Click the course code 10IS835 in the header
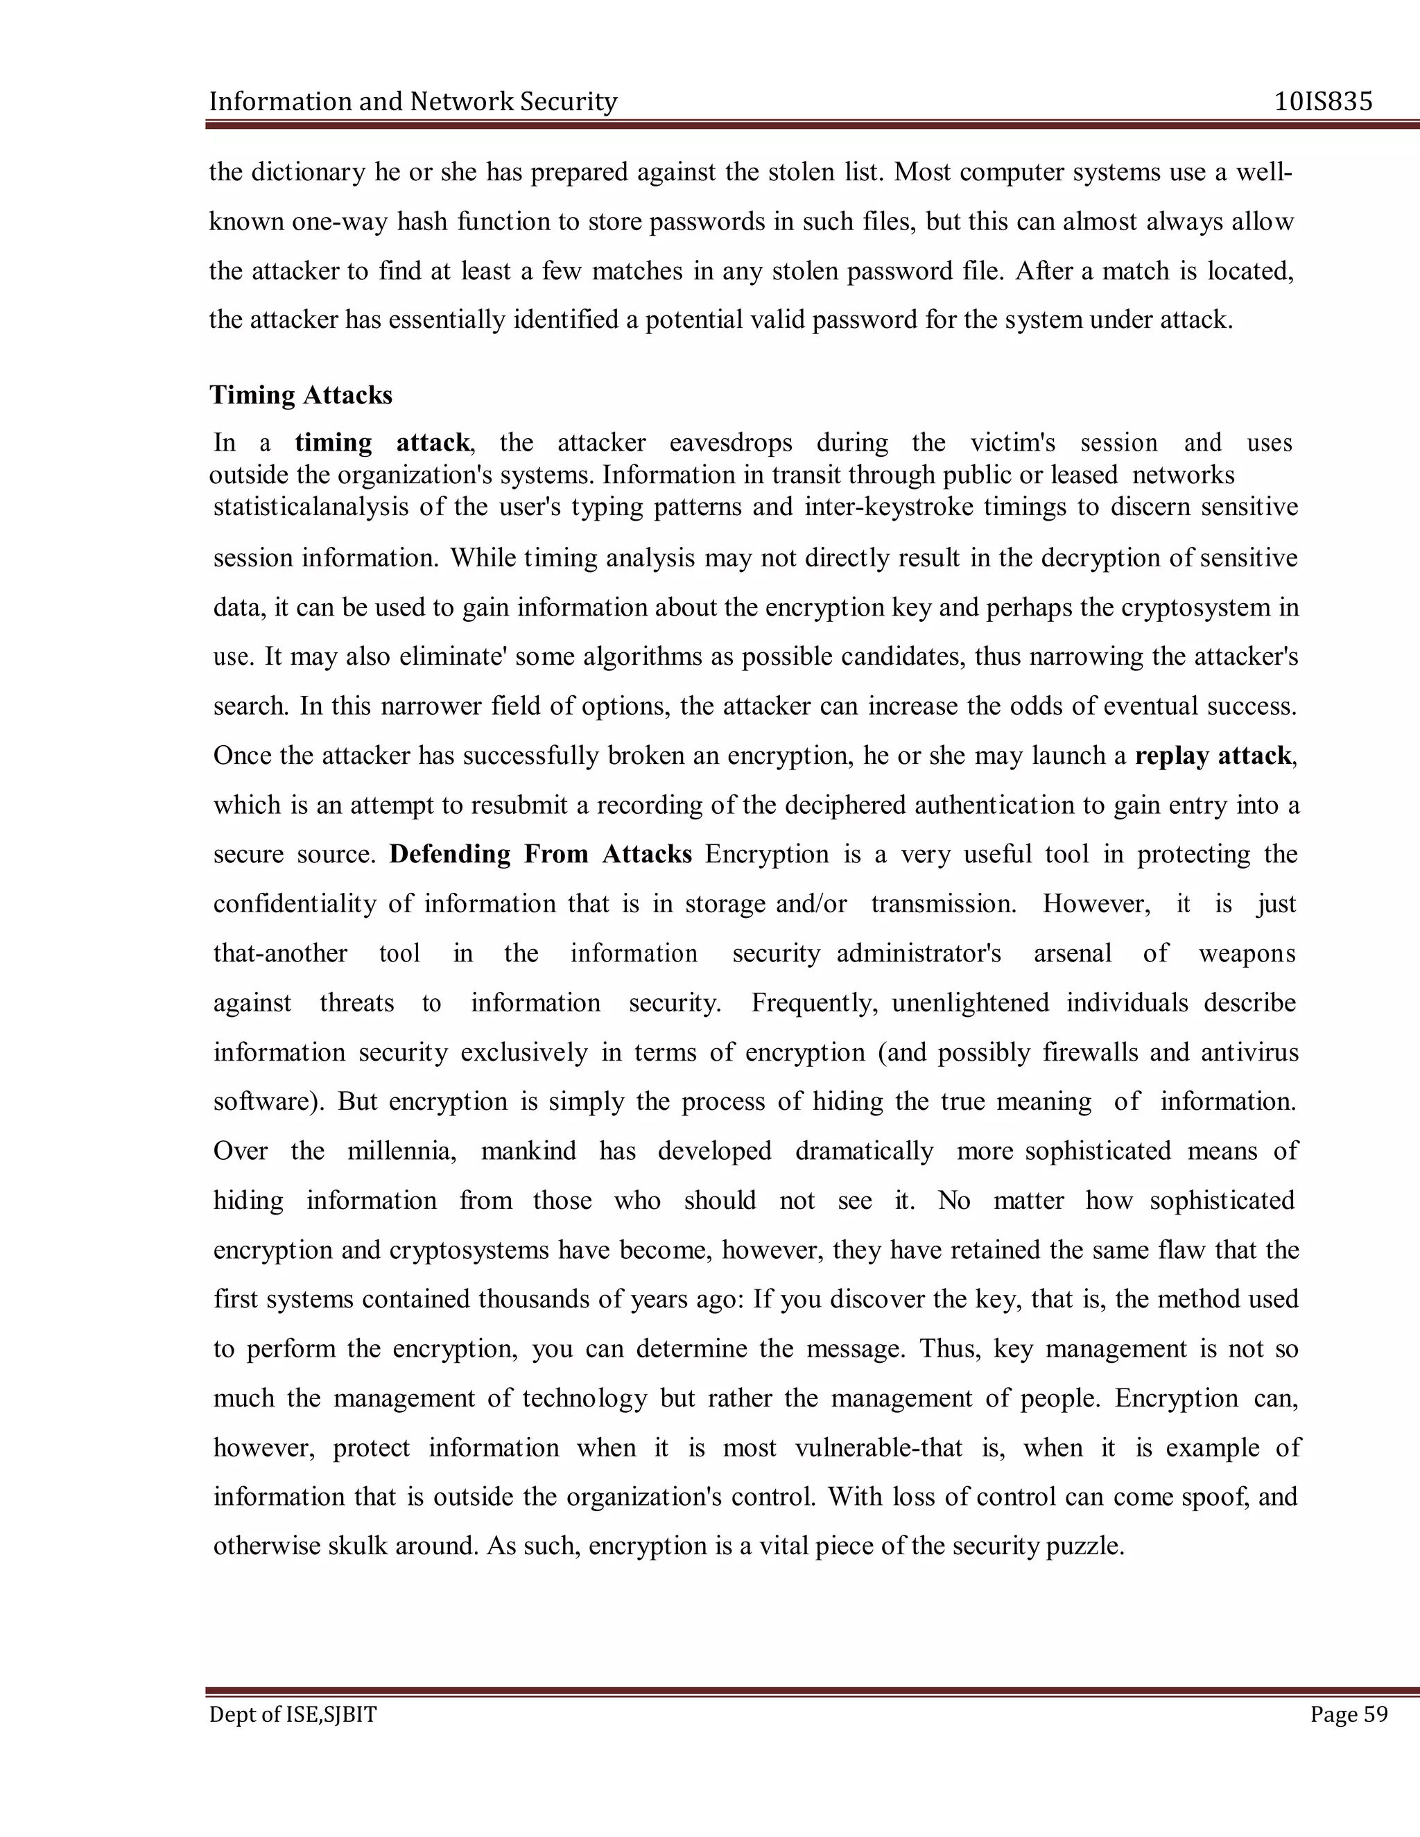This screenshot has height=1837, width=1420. coord(1323,102)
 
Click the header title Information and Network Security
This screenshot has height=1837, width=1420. coord(413,102)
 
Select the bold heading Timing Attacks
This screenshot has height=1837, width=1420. coord(301,394)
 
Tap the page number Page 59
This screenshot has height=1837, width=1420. coord(1349,1714)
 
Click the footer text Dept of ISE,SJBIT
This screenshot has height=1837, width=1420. coord(293,1714)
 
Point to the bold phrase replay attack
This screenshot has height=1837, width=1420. coord(1212,756)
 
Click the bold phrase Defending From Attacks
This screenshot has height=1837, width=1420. coord(540,855)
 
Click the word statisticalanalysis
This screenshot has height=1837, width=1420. coord(323,507)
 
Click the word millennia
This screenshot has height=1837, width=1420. coord(401,1151)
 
